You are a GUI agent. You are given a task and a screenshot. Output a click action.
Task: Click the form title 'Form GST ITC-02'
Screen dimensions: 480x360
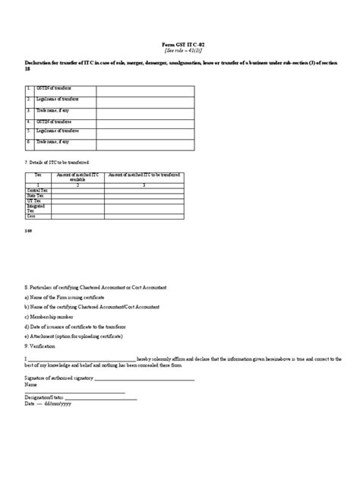pyautogui.click(x=180, y=46)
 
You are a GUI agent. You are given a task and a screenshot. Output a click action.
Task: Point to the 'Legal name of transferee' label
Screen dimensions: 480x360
pyautogui.click(x=60, y=131)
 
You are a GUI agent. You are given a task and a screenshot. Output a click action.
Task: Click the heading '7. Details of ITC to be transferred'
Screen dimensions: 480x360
pyautogui.click(x=57, y=163)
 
